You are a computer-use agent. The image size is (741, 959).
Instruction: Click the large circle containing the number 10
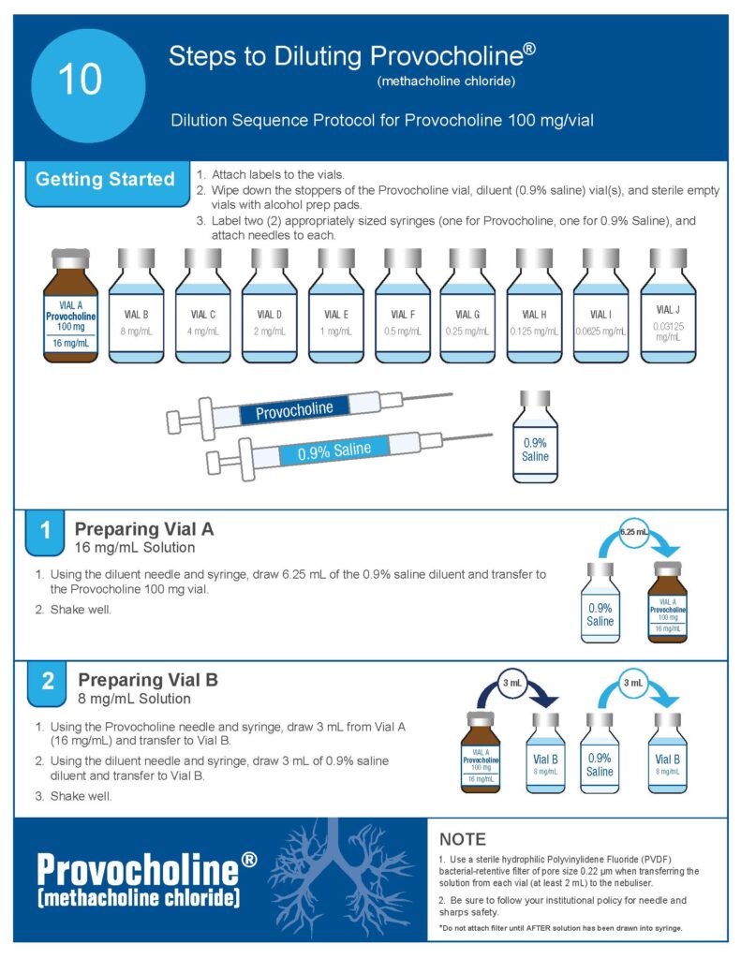[88, 85]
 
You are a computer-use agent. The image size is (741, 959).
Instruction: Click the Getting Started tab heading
[105, 179]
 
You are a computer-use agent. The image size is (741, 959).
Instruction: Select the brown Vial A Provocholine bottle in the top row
[70, 305]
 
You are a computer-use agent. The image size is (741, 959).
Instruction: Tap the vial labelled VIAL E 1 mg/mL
[336, 305]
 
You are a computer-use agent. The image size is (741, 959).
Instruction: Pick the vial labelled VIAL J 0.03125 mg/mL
[668, 305]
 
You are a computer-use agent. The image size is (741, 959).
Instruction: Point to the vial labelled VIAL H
[534, 305]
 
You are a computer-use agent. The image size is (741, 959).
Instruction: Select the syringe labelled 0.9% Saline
[348, 454]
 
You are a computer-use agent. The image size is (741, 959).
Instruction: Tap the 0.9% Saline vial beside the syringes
[535, 436]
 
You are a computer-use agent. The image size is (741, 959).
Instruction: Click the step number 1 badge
[45, 531]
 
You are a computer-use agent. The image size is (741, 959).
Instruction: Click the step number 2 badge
[47, 683]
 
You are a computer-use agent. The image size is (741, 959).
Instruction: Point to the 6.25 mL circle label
[634, 532]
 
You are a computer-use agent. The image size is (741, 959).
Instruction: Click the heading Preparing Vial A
[144, 529]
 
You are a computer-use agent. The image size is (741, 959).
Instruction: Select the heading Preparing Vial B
[148, 680]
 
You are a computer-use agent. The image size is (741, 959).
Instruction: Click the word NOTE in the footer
[463, 839]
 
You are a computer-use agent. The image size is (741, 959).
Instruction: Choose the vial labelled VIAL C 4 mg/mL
[203, 305]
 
